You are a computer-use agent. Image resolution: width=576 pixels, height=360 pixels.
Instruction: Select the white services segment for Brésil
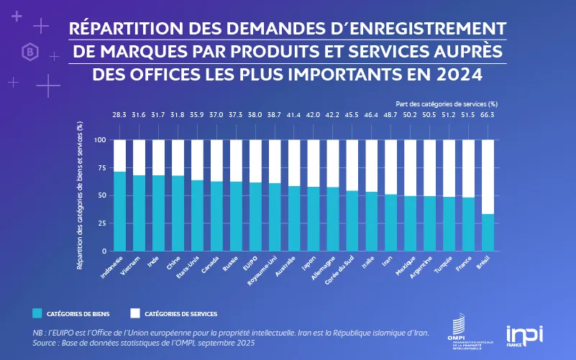click(488, 177)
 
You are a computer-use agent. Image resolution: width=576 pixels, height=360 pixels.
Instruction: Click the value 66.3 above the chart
click(488, 115)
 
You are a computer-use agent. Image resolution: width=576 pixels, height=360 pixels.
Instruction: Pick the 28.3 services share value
click(119, 115)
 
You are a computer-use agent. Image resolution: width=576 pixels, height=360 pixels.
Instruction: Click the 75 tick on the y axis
click(101, 167)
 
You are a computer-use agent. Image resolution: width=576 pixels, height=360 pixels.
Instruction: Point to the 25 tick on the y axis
click(101, 223)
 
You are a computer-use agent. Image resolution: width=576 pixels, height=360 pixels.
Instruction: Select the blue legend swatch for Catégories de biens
click(37, 313)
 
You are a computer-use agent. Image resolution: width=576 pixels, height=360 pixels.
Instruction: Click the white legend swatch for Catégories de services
click(134, 313)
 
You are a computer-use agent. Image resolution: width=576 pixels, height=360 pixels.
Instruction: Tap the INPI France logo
click(525, 336)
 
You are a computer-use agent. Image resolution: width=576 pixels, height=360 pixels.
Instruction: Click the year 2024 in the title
click(457, 74)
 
